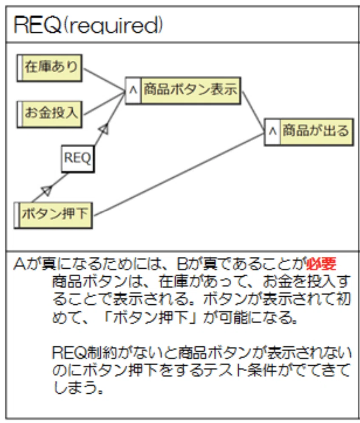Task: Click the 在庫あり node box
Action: tap(50, 68)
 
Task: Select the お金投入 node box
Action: tap(50, 114)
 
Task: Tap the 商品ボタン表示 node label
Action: tap(190, 90)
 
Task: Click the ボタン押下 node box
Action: tap(54, 215)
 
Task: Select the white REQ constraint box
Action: tap(78, 159)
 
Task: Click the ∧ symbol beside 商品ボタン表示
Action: tap(133, 90)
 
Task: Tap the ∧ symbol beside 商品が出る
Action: tap(272, 131)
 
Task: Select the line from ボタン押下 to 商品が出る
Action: tap(179, 174)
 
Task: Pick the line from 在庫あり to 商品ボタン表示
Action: tap(105, 79)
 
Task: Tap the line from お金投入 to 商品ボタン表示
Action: tap(105, 103)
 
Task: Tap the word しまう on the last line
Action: tap(76, 388)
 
